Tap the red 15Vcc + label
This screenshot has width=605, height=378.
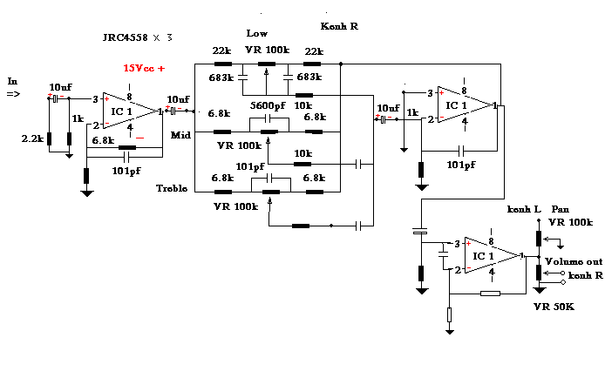(144, 67)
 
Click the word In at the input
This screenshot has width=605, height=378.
(12, 81)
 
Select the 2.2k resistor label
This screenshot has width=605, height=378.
(32, 138)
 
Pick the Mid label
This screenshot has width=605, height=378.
(180, 136)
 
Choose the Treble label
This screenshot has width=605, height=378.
(173, 189)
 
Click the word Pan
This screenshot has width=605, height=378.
(560, 210)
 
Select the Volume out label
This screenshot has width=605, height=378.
(574, 261)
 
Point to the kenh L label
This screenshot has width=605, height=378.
(524, 210)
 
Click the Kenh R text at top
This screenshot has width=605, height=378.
(340, 27)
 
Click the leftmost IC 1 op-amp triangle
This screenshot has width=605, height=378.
(127, 111)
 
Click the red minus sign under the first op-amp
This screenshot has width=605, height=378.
(139, 138)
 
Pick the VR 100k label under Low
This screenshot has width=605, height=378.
(267, 50)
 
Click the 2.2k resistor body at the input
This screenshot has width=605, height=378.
(50, 138)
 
